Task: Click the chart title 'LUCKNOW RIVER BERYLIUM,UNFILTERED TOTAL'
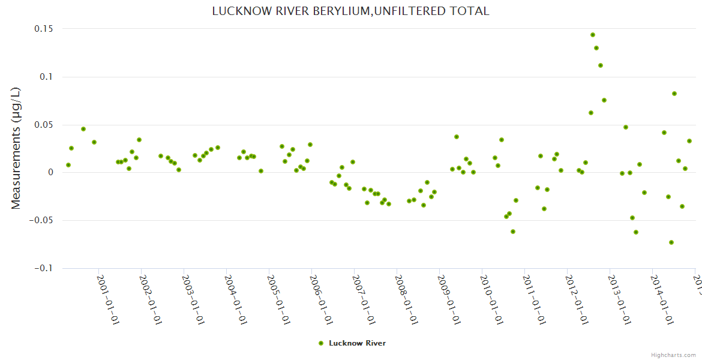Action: (350, 11)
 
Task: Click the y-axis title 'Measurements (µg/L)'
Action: (16, 148)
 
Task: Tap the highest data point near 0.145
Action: (593, 35)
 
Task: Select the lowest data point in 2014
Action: (671, 242)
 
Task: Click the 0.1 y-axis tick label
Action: (47, 77)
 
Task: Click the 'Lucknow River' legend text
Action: (357, 343)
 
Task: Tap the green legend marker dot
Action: (321, 343)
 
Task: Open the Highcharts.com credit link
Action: (674, 355)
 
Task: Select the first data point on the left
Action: (68, 165)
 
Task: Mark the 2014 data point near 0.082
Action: (674, 94)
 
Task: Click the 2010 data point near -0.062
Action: (513, 232)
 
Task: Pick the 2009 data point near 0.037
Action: (457, 137)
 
